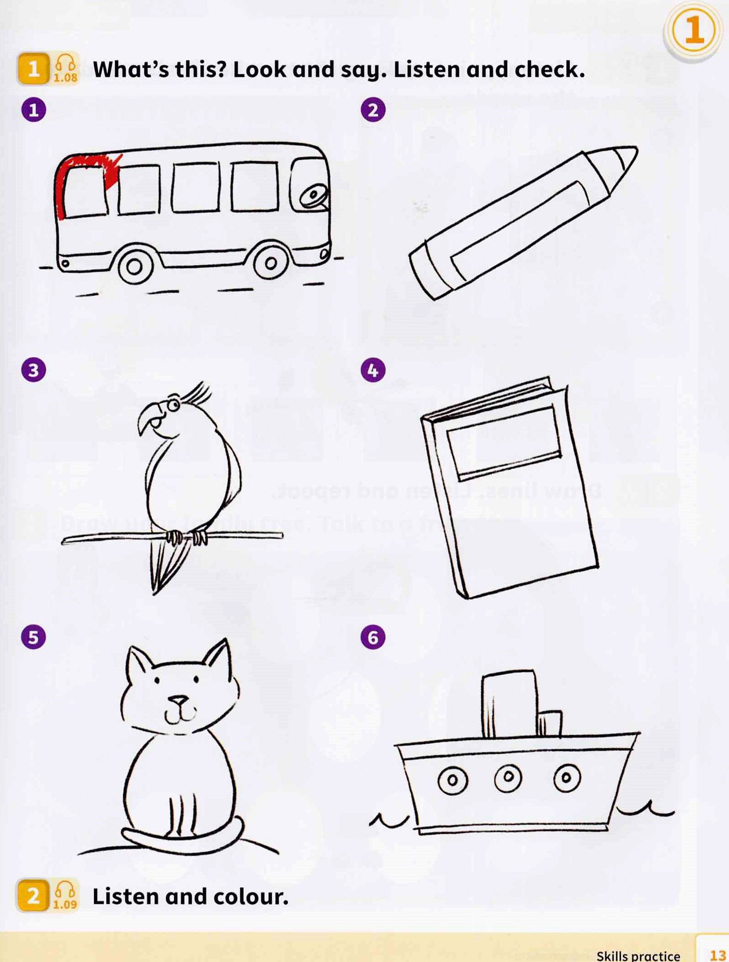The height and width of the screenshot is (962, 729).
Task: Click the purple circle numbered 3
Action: [34, 370]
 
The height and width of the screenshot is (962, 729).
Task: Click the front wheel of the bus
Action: [270, 263]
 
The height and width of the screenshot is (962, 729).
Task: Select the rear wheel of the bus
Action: [134, 266]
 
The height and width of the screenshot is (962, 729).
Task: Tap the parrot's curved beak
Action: [148, 417]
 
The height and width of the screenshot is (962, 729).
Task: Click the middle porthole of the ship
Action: [508, 776]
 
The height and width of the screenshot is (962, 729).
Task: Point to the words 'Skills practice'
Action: [638, 955]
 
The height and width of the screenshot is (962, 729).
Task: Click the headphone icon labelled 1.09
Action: [65, 895]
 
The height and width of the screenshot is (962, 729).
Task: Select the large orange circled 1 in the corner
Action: [694, 31]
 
